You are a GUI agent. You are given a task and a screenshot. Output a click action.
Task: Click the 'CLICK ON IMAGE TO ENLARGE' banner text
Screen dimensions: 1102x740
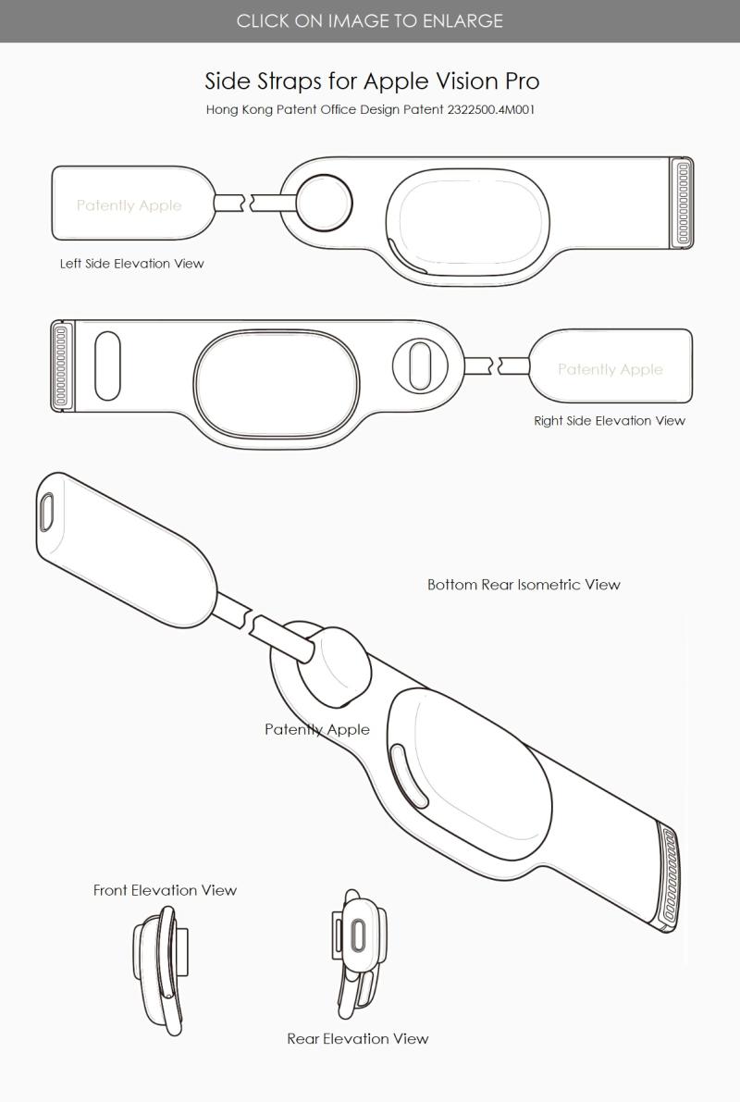(370, 20)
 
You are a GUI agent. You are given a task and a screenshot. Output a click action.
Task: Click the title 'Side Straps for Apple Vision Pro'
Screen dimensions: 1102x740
(372, 80)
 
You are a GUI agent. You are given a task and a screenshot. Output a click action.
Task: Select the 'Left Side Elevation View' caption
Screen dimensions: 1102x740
(132, 264)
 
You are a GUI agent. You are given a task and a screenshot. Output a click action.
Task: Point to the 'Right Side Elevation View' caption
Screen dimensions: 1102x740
(610, 420)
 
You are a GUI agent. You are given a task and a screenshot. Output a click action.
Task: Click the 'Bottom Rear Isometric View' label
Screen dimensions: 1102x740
(524, 585)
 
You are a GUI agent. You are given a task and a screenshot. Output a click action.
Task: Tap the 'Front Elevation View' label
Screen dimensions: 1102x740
(165, 890)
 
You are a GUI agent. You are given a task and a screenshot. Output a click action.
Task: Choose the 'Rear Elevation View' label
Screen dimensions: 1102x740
(358, 1038)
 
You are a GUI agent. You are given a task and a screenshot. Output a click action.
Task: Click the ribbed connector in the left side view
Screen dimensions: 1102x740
(683, 203)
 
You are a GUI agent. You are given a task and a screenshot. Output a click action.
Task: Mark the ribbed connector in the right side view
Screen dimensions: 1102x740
(62, 365)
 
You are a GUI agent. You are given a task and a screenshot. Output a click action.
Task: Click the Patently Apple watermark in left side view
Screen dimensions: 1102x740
(129, 205)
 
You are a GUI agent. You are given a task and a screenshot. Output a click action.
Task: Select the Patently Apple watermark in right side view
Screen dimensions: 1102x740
(610, 369)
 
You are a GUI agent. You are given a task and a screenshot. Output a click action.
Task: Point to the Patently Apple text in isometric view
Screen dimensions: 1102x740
(316, 729)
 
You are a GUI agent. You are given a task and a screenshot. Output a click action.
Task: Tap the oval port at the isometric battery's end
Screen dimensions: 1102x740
(47, 510)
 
